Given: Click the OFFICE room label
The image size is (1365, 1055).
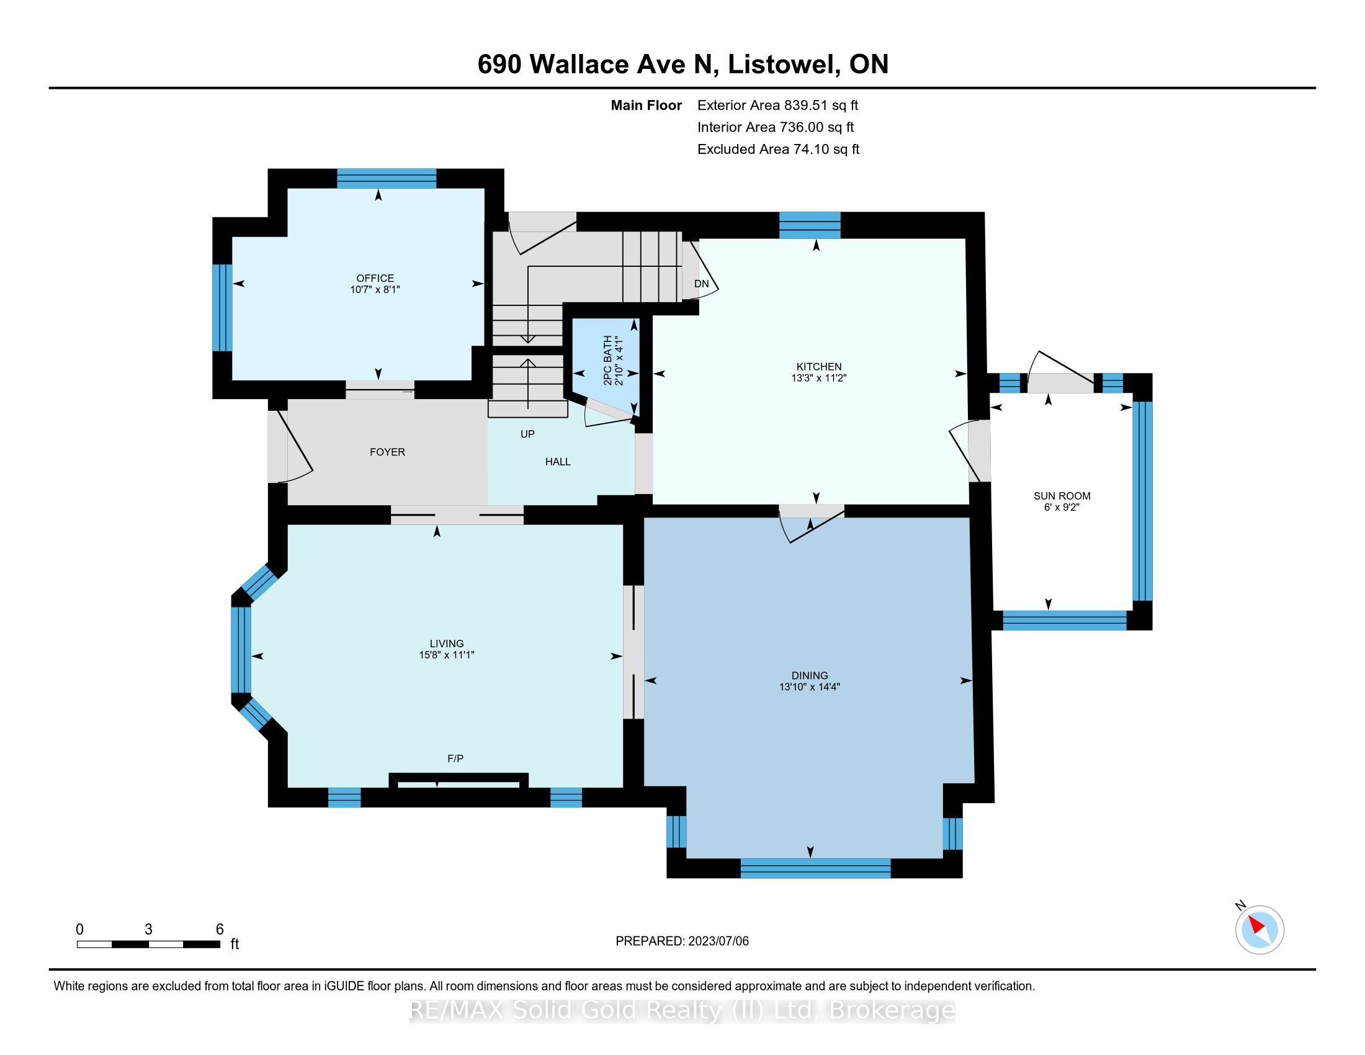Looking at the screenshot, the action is tap(375, 278).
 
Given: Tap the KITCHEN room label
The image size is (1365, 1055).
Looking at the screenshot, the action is tap(819, 367).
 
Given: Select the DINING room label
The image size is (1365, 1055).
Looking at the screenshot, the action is tap(809, 676).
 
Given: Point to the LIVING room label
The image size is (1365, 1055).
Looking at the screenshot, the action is tap(447, 644).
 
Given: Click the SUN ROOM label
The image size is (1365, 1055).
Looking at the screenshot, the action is tap(1062, 496).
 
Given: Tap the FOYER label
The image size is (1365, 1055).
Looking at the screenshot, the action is tap(388, 452).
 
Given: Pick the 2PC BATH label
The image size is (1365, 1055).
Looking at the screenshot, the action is tap(607, 360).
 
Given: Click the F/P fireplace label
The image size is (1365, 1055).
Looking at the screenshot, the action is tap(455, 759).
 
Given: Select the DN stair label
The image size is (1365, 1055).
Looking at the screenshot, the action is tap(702, 284).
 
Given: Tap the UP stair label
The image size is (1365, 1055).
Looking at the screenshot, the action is tap(527, 434).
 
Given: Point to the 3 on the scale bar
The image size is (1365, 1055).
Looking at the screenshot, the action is tap(148, 930).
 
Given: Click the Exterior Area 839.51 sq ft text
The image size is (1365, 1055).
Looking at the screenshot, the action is tap(778, 105).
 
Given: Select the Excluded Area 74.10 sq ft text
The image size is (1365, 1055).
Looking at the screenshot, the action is tap(779, 150).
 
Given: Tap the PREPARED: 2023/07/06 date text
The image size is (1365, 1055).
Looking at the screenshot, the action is tap(682, 941).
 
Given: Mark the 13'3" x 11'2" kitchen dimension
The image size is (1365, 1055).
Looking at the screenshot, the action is tap(819, 378).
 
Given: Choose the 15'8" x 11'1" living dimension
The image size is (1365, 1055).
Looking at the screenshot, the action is tap(447, 655).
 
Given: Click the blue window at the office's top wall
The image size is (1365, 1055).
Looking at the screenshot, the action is tap(387, 178).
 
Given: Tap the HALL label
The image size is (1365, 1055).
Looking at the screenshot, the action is tap(558, 462).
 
